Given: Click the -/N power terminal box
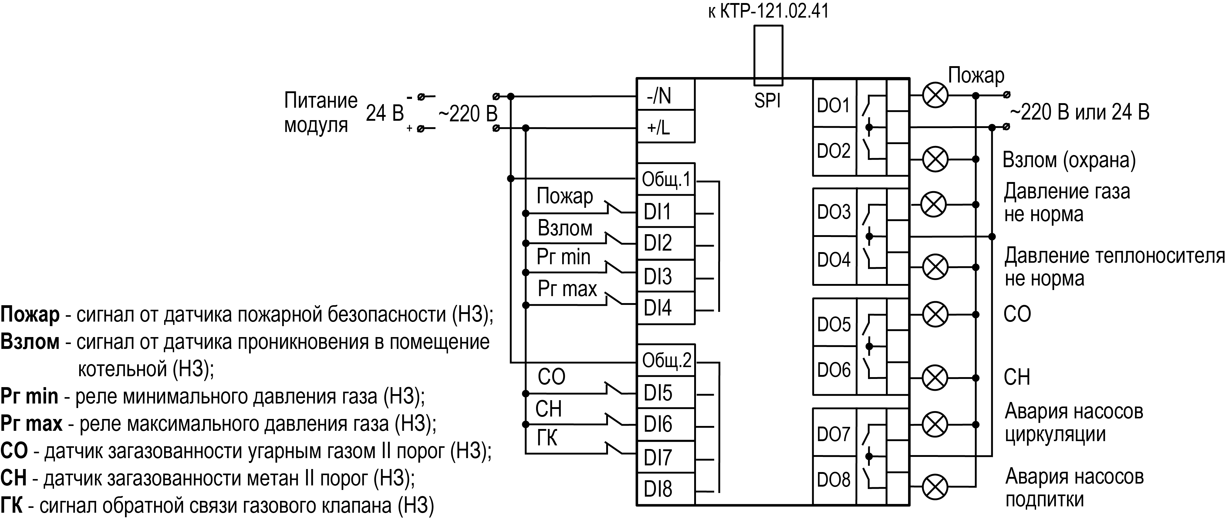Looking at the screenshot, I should click(x=665, y=95).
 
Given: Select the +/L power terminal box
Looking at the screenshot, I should click(x=665, y=127).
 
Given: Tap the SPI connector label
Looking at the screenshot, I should click(x=767, y=100).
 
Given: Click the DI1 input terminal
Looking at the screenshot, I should click(x=665, y=211).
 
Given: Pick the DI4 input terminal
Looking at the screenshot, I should click(x=665, y=308).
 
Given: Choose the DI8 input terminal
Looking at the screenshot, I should click(x=665, y=489).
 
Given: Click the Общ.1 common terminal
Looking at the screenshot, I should click(x=665, y=179).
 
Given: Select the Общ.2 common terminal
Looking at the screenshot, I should click(x=665, y=361).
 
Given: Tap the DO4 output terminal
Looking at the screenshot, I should click(x=833, y=260).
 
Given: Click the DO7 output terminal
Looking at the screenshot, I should click(x=833, y=434).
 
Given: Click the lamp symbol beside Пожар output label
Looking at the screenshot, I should click(x=935, y=96).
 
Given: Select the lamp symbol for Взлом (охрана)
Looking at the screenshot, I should click(x=935, y=159).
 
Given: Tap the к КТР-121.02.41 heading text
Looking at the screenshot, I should click(x=768, y=10).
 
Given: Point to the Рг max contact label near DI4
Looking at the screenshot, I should click(x=567, y=289).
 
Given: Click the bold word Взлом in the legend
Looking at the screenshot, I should click(x=30, y=342).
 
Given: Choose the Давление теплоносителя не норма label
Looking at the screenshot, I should click(x=1114, y=267).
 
